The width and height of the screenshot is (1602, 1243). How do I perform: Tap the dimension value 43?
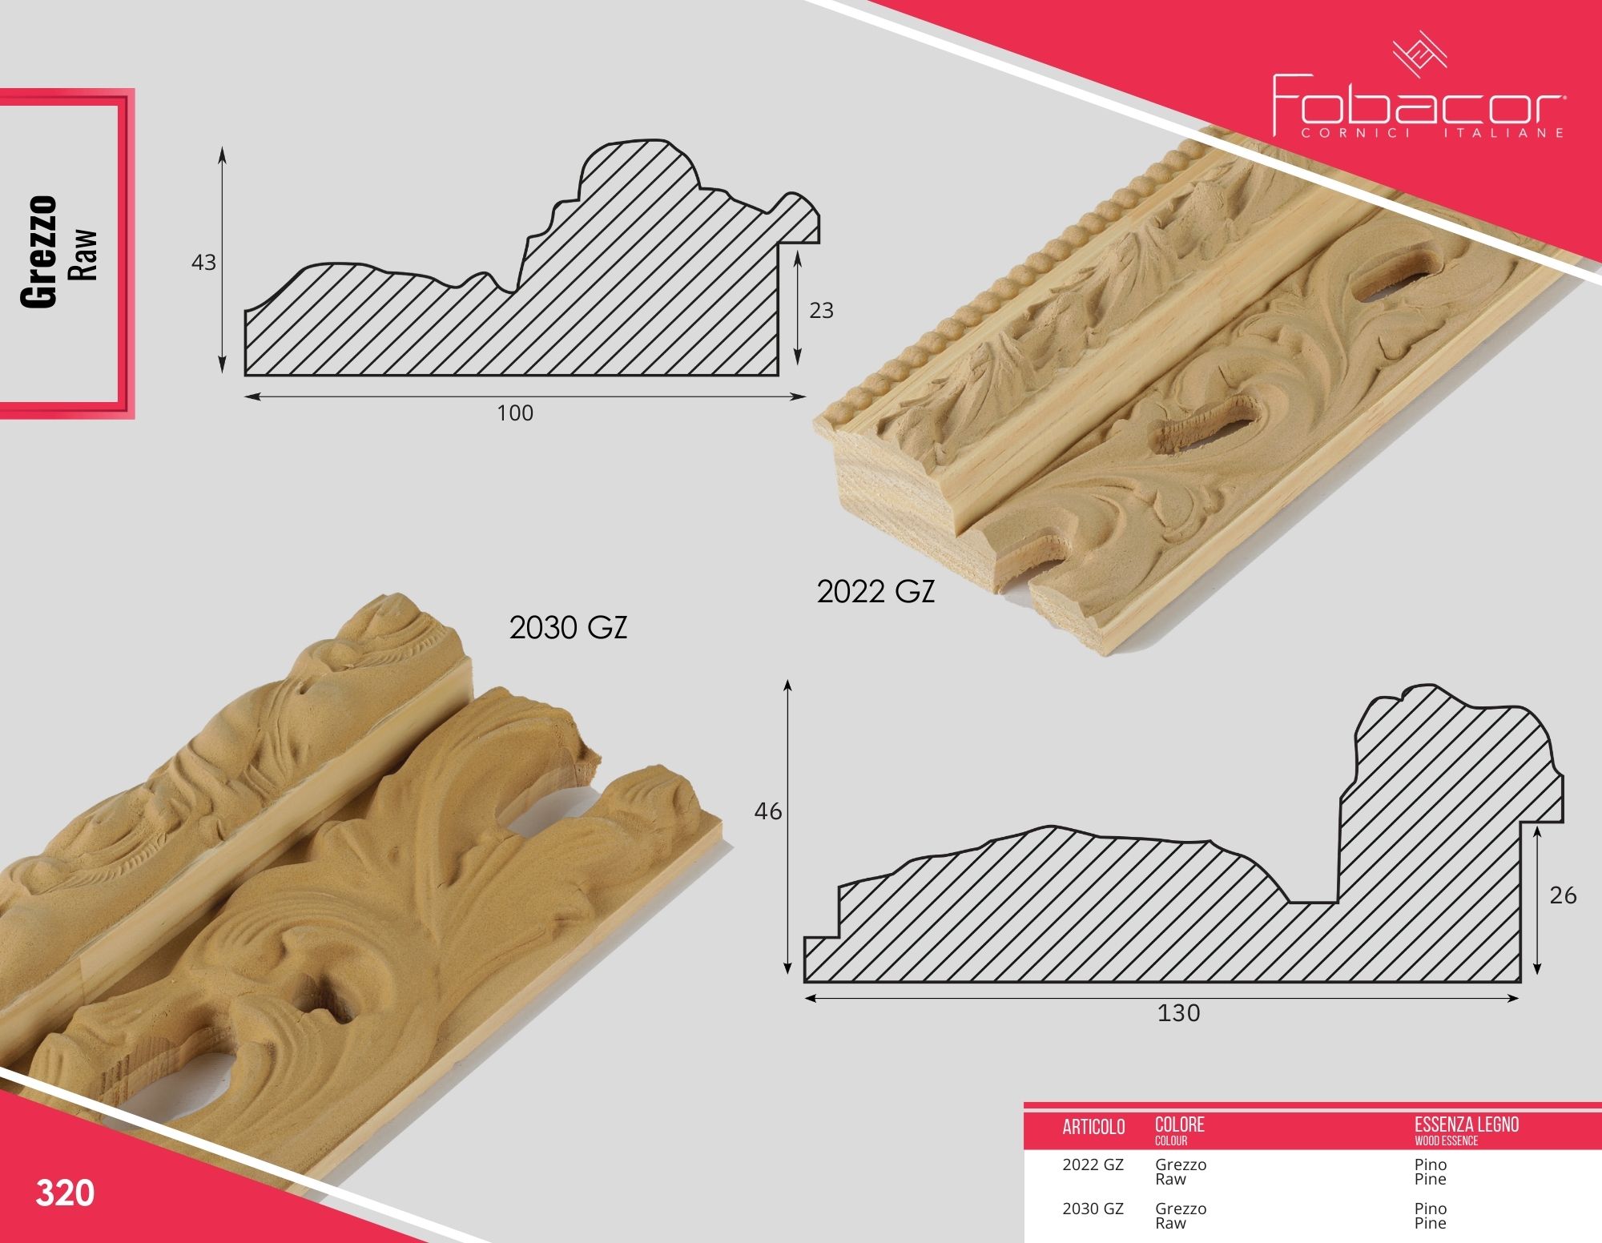pos(203,263)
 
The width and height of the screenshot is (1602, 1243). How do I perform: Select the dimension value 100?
pos(515,413)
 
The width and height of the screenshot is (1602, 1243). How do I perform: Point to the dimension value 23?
pos(821,310)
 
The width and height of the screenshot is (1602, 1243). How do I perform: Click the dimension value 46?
pos(767,811)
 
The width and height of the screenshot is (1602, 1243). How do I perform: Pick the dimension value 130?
pos(1178,1013)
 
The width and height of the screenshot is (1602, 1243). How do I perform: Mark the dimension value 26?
pos(1563,895)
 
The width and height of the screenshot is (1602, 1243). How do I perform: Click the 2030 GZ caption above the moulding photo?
pos(568,628)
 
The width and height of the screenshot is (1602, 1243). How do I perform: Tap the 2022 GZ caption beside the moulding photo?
pos(875,592)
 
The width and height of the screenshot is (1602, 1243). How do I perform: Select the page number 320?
pos(65,1193)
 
